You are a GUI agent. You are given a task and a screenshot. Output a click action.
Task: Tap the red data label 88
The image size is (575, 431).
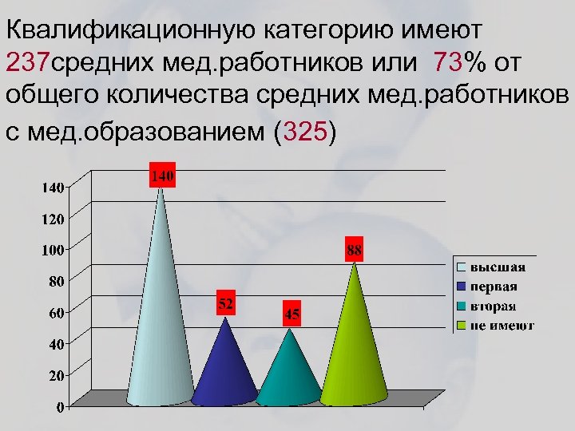point(355,250)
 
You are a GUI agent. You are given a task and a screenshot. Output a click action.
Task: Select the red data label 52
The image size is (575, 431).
point(226,303)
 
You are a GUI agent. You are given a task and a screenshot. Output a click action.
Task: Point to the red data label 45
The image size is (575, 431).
point(292,314)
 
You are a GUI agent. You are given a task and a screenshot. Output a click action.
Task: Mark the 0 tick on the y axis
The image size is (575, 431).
point(61,407)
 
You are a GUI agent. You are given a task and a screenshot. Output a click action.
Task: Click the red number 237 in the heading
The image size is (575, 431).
point(28,61)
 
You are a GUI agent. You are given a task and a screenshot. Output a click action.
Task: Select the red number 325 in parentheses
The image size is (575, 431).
point(300,132)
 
